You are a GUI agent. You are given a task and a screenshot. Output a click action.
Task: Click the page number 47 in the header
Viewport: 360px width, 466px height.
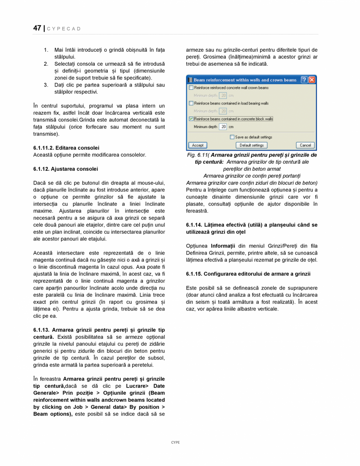(37, 28)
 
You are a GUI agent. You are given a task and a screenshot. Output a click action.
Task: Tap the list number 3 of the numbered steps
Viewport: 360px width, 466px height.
(46, 85)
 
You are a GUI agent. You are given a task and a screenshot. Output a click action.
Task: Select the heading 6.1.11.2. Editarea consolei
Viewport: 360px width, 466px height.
(66, 148)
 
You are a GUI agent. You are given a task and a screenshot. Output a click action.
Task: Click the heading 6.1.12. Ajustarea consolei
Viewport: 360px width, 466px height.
(65, 169)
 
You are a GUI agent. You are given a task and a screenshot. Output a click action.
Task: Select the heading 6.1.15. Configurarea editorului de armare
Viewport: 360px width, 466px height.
(248, 274)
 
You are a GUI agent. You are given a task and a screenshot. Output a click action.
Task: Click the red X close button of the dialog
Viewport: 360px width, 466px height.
(312, 80)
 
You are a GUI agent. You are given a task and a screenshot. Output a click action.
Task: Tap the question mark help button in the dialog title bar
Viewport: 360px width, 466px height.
(304, 80)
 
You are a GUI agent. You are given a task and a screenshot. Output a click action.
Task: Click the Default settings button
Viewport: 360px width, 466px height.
(251, 145)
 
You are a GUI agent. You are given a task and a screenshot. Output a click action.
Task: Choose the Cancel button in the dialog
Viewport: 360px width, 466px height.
(305, 145)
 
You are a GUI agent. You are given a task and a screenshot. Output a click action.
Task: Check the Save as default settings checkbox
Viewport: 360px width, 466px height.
(232, 137)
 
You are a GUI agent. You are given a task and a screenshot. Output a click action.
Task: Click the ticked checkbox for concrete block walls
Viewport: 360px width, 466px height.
(191, 119)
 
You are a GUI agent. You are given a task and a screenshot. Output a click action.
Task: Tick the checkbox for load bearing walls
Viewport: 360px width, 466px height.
(191, 103)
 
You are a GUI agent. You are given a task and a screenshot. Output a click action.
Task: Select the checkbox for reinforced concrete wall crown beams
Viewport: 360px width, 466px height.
(191, 88)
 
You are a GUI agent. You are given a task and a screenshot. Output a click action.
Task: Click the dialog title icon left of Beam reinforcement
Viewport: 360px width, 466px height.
(190, 80)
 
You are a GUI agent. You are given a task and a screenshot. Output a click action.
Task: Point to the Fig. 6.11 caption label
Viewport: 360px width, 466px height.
(197, 155)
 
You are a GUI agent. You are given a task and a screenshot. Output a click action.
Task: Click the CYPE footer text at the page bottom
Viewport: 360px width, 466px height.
(175, 442)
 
